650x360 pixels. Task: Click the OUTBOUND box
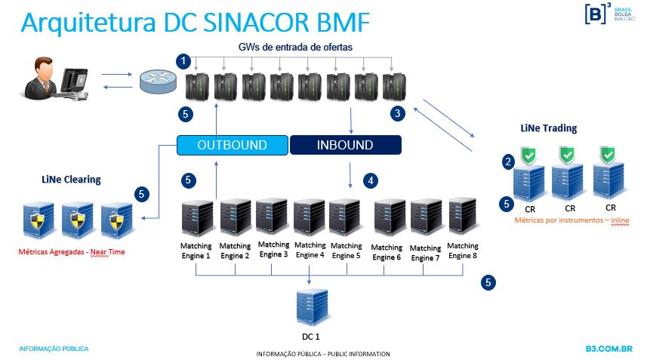click(233, 144)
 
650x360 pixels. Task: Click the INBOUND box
click(345, 144)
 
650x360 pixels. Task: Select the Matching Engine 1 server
click(196, 219)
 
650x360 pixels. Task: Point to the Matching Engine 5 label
click(346, 250)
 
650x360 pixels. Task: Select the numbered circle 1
click(182, 59)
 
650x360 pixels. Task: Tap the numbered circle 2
click(508, 161)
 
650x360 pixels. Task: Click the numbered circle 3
click(397, 113)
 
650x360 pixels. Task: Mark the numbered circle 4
click(370, 180)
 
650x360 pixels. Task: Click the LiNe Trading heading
click(548, 128)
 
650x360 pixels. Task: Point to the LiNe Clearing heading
click(71, 180)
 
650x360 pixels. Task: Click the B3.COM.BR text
click(608, 349)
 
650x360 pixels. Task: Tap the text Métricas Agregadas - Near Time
click(72, 252)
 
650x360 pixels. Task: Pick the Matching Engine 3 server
click(272, 218)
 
